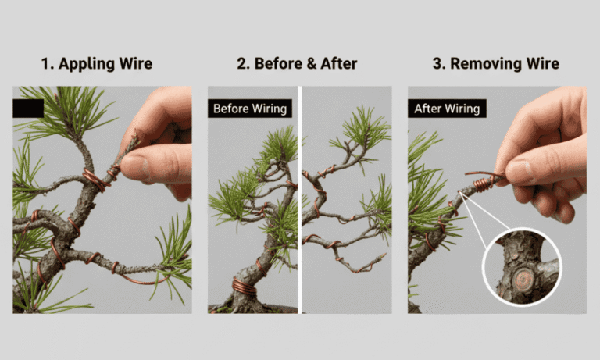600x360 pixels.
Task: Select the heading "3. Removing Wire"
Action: click(496, 63)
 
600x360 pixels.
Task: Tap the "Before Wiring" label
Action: click(250, 109)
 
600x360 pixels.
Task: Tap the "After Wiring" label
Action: click(448, 109)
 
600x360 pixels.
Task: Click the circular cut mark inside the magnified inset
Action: click(520, 276)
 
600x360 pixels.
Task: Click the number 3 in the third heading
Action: click(437, 63)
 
